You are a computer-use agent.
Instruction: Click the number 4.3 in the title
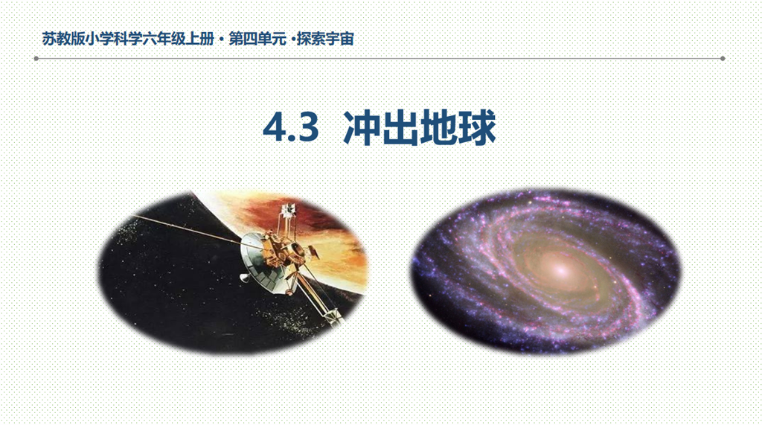click(291, 128)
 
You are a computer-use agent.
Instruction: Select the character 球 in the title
click(477, 128)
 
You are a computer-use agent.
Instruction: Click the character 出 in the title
click(400, 128)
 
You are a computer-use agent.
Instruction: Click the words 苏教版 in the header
click(64, 39)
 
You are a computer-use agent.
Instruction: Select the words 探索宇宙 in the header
click(326, 39)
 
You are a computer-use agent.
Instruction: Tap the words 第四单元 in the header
click(257, 39)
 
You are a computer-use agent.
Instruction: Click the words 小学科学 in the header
click(114, 39)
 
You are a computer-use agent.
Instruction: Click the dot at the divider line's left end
click(36, 58)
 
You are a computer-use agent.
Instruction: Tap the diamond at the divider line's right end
click(723, 58)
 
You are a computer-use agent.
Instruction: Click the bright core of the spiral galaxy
click(561, 269)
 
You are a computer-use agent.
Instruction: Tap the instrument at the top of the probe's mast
click(289, 210)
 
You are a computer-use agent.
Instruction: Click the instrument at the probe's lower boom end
click(333, 316)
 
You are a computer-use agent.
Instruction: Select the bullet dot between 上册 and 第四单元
click(222, 39)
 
